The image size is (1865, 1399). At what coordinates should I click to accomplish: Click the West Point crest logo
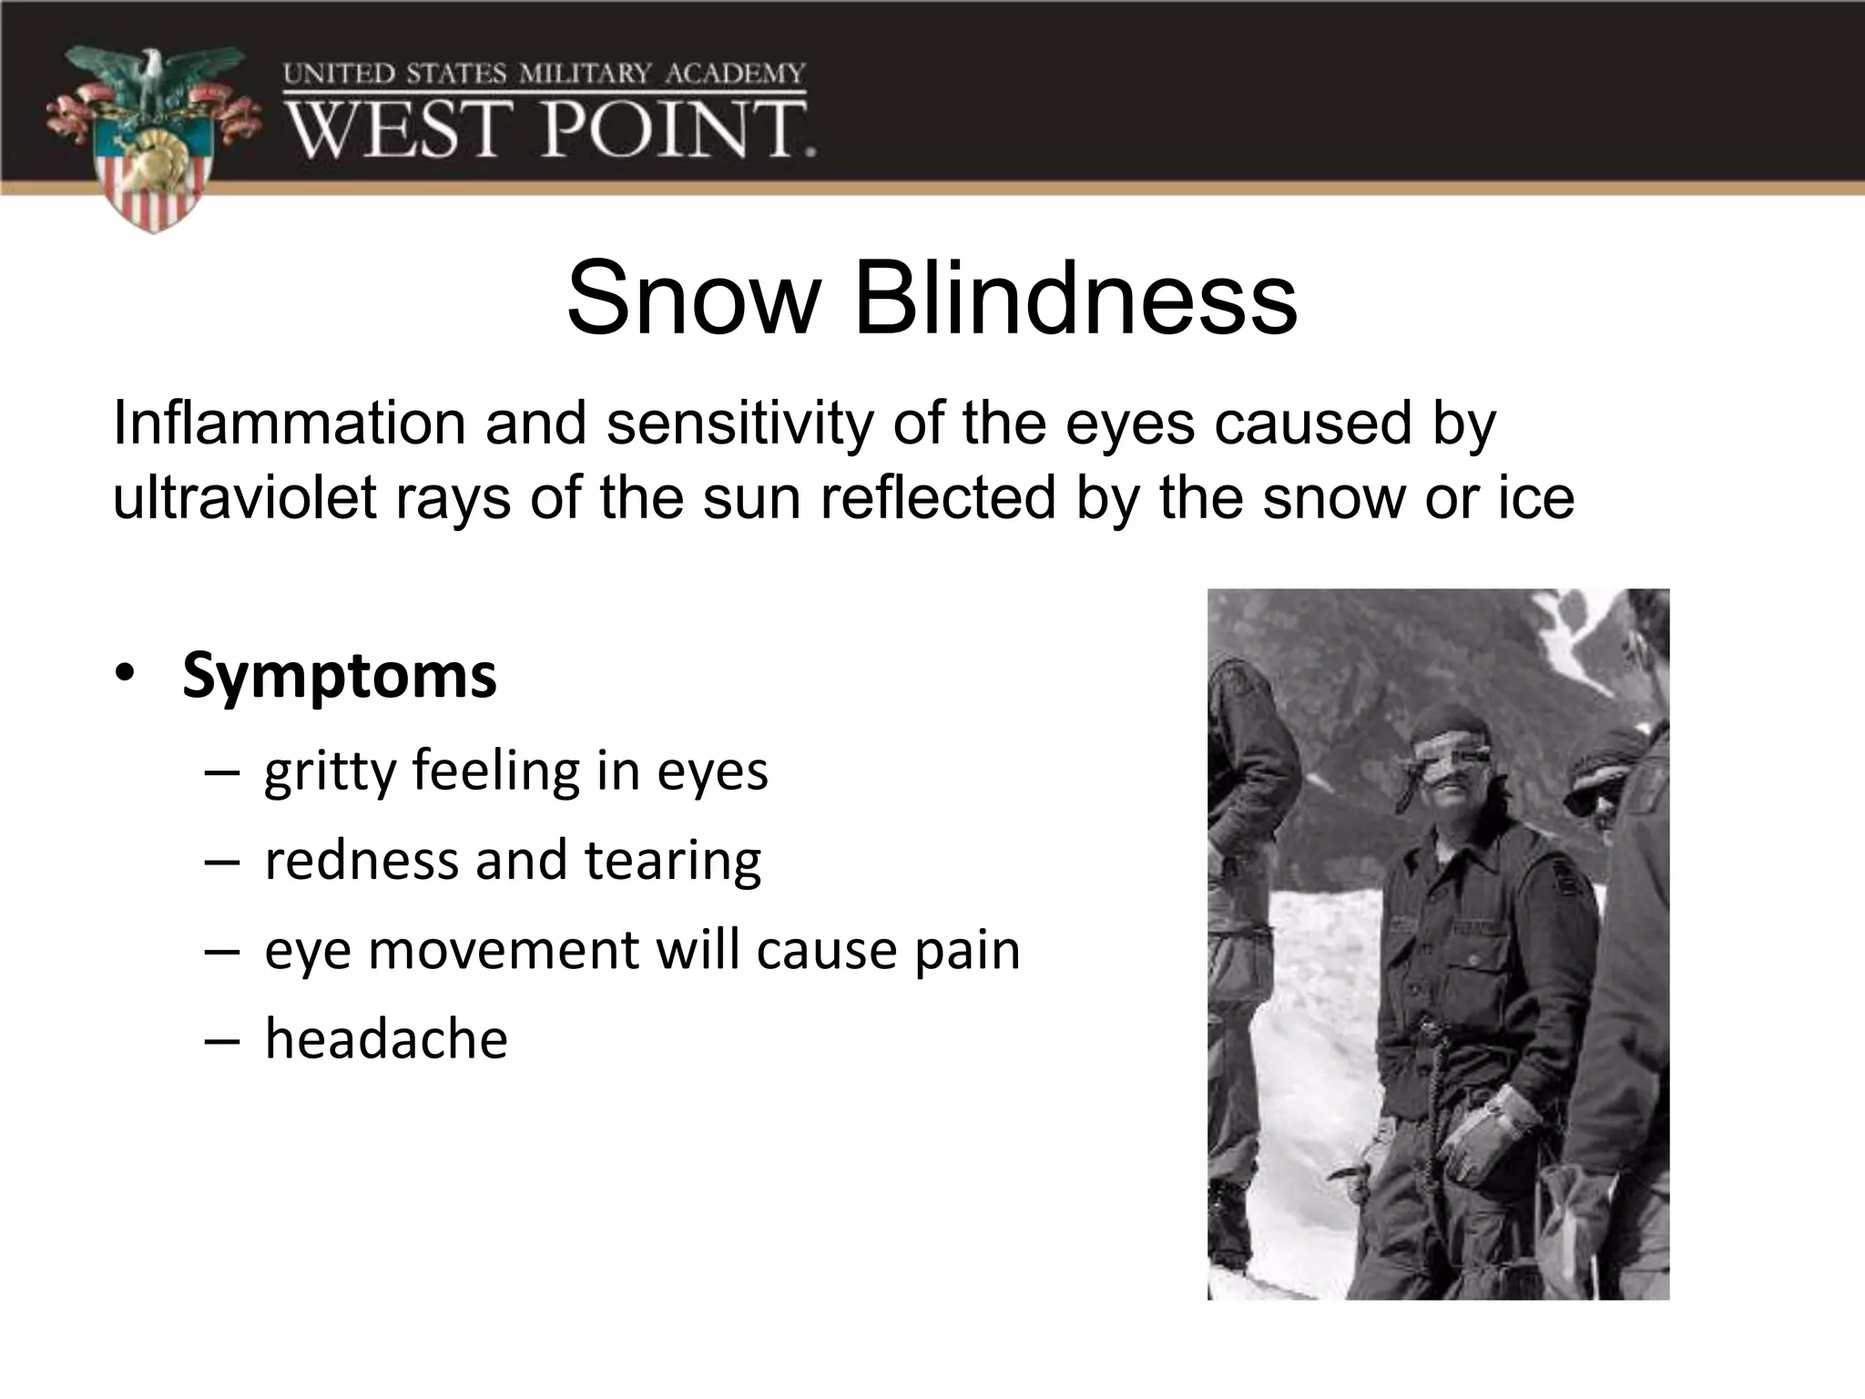click(x=150, y=137)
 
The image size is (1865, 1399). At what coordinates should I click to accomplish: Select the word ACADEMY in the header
click(x=736, y=74)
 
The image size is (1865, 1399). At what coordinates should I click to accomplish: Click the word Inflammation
click(x=289, y=424)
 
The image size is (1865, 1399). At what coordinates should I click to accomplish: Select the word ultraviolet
click(x=244, y=497)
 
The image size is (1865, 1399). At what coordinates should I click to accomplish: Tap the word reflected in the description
click(x=938, y=497)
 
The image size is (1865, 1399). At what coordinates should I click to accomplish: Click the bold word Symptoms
click(x=340, y=676)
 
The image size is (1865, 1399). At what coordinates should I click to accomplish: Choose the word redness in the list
click(x=362, y=860)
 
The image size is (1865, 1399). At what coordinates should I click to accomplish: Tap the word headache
click(x=386, y=1039)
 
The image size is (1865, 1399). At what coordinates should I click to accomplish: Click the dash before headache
click(x=222, y=1039)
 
